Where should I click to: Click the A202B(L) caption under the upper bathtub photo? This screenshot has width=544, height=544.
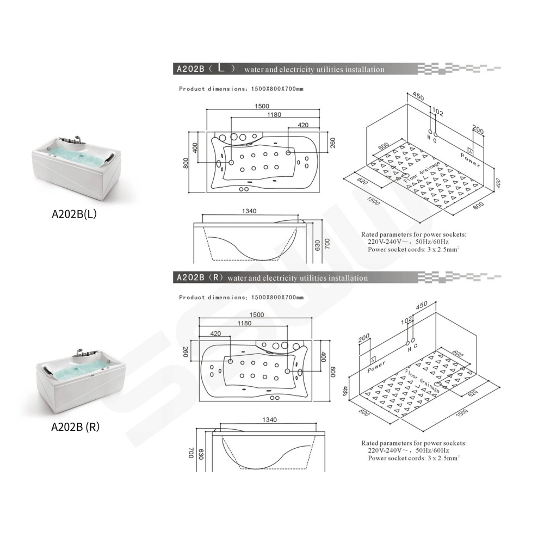[x=74, y=214]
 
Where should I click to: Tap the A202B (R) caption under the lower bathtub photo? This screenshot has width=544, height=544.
[x=75, y=426]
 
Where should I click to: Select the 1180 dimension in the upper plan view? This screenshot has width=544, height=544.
[x=274, y=115]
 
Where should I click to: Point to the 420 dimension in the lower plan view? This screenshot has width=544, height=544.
[x=215, y=333]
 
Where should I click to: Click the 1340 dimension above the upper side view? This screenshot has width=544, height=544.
[x=249, y=211]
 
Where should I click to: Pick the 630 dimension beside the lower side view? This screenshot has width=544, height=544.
[x=201, y=454]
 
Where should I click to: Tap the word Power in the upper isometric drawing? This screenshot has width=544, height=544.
[x=471, y=159]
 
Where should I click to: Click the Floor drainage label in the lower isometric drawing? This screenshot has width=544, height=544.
[x=422, y=381]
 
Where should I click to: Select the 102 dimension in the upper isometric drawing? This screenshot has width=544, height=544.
[x=437, y=112]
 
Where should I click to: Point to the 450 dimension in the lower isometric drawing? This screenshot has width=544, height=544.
[x=422, y=306]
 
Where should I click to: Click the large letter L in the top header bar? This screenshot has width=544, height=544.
[x=221, y=68]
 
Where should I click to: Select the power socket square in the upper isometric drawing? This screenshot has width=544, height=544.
[x=470, y=151]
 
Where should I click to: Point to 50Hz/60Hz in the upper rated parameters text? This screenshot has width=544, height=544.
[x=432, y=242]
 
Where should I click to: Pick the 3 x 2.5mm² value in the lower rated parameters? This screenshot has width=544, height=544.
[x=444, y=458]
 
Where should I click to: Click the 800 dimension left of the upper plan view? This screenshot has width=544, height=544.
[x=186, y=163]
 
